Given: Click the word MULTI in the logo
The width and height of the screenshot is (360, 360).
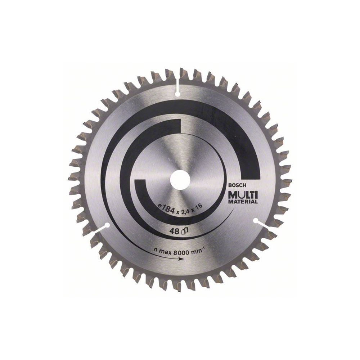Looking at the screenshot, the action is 242,195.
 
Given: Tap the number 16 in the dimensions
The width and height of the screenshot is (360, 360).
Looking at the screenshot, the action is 199,206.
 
